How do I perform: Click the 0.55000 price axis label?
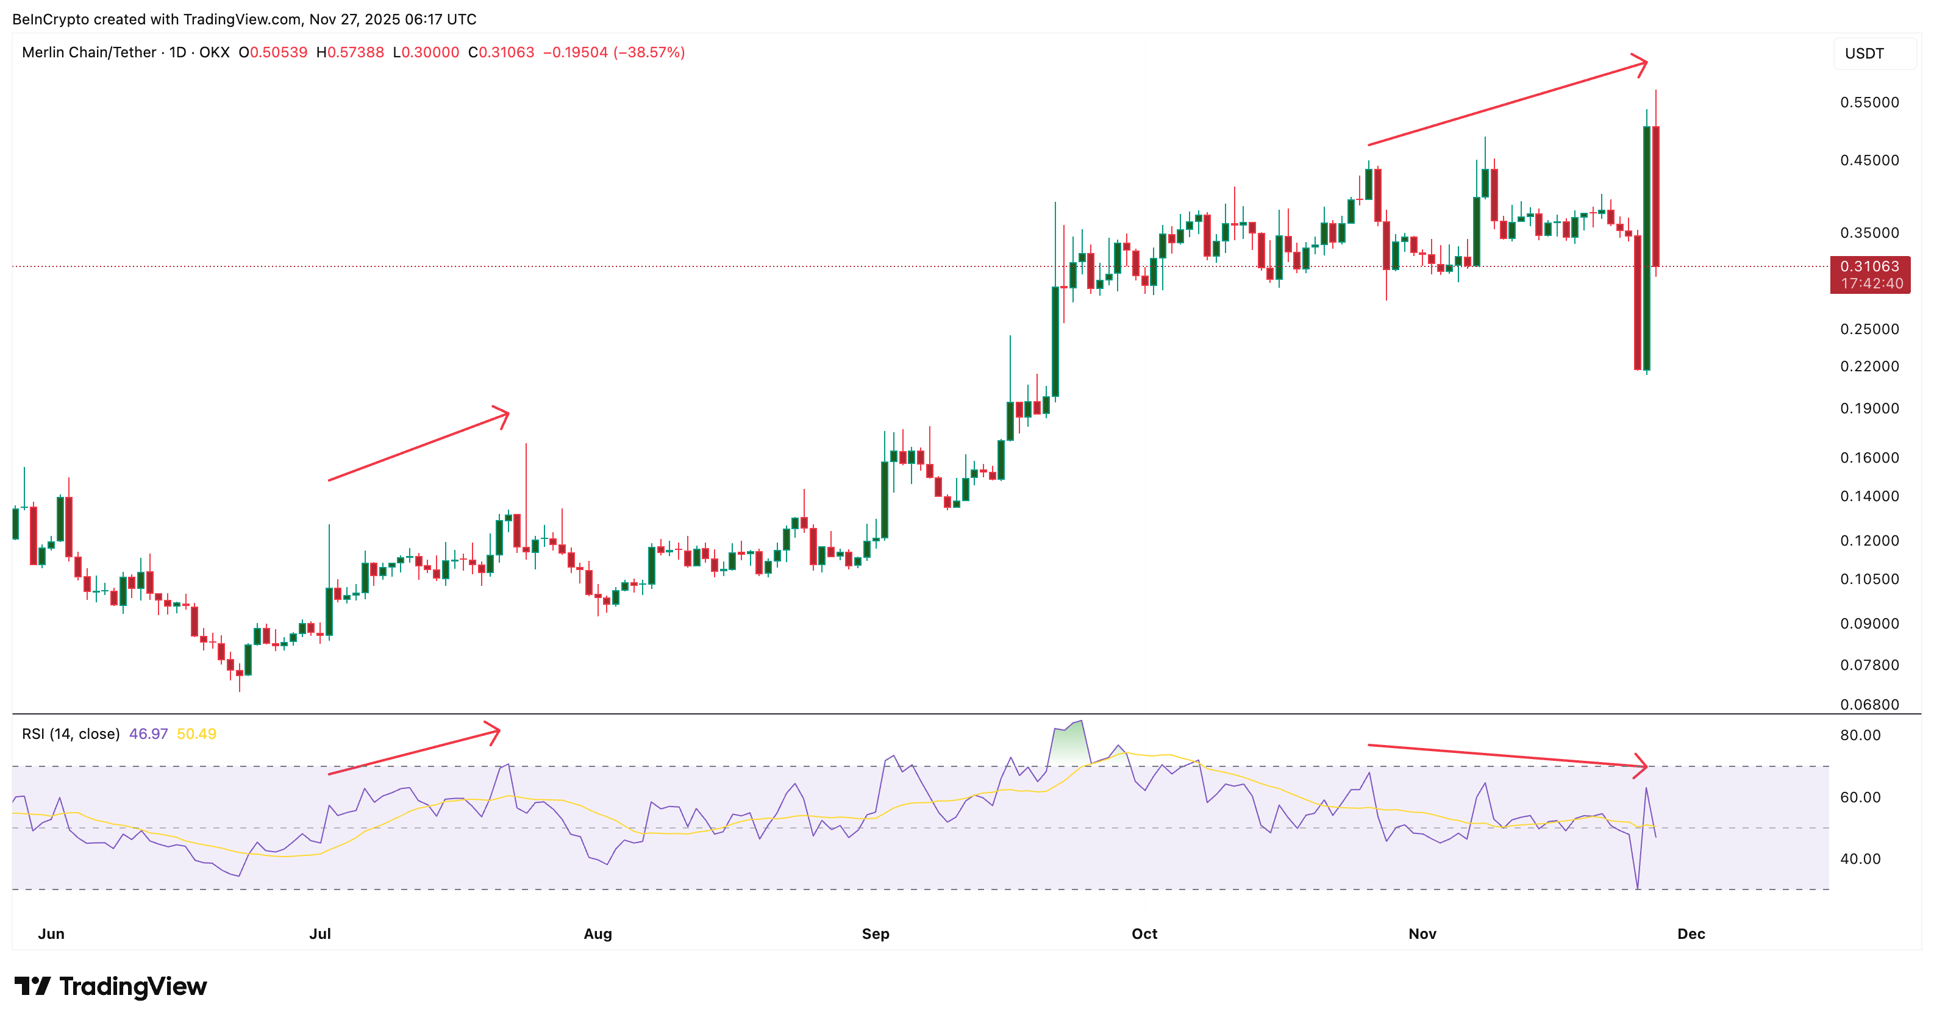1869,102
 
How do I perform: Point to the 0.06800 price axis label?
1869,704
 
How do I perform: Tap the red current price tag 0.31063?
1869,267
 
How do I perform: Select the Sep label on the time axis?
876,933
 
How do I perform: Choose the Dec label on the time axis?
1691,933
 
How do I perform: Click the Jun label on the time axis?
51,933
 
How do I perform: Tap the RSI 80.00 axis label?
1860,735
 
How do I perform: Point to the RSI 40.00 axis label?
1860,858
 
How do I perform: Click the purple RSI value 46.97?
148,734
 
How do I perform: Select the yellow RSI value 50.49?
197,734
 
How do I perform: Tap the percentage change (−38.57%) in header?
649,52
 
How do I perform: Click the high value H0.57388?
350,52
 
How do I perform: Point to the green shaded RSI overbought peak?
1069,743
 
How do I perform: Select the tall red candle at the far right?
1655,195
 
